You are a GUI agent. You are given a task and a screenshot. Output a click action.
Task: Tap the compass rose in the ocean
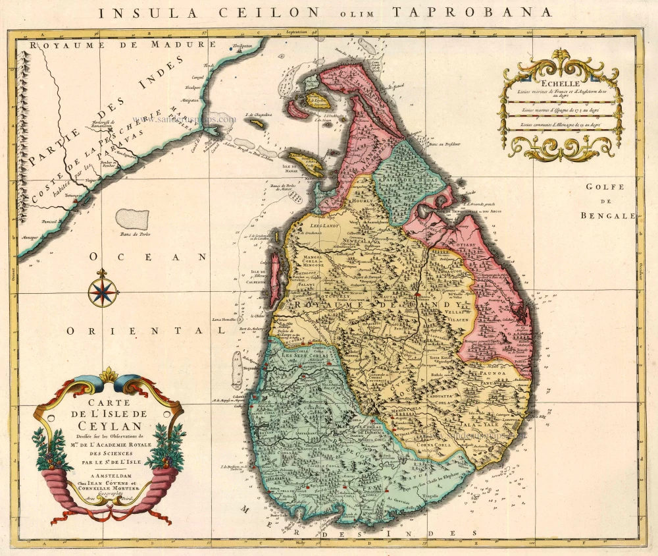click(102, 290)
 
